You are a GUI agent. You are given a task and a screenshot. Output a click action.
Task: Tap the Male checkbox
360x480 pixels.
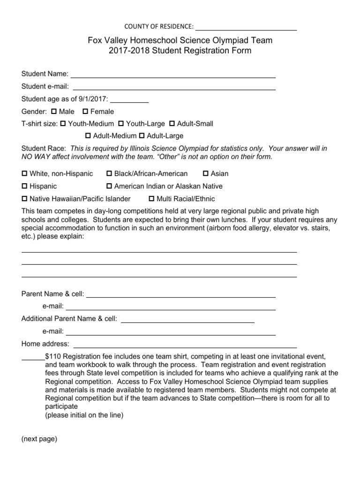(53, 112)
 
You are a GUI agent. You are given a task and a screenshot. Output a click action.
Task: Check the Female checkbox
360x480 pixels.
(85, 112)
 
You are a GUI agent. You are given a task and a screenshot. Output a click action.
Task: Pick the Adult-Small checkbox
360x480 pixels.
(172, 124)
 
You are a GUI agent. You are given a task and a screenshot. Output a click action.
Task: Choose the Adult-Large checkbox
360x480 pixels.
(142, 136)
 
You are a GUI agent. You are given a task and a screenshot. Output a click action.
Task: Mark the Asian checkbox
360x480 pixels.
(206, 173)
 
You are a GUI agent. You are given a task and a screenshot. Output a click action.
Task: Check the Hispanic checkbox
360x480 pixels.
(25, 186)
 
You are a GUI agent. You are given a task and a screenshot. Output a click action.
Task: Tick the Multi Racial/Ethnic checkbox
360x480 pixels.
(151, 199)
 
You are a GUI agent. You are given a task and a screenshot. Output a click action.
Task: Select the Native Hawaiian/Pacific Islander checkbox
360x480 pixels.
(25, 199)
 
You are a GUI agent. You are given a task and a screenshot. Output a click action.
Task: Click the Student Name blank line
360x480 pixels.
(173, 75)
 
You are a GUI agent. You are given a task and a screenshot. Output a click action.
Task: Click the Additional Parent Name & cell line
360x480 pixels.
(187, 320)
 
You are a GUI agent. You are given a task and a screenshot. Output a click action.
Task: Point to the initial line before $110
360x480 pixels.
(33, 357)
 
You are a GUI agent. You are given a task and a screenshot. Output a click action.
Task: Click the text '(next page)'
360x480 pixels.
(39, 439)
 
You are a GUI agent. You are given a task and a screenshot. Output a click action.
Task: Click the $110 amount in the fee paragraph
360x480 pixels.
(53, 356)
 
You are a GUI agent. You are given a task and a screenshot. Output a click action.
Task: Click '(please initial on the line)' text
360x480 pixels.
(84, 415)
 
